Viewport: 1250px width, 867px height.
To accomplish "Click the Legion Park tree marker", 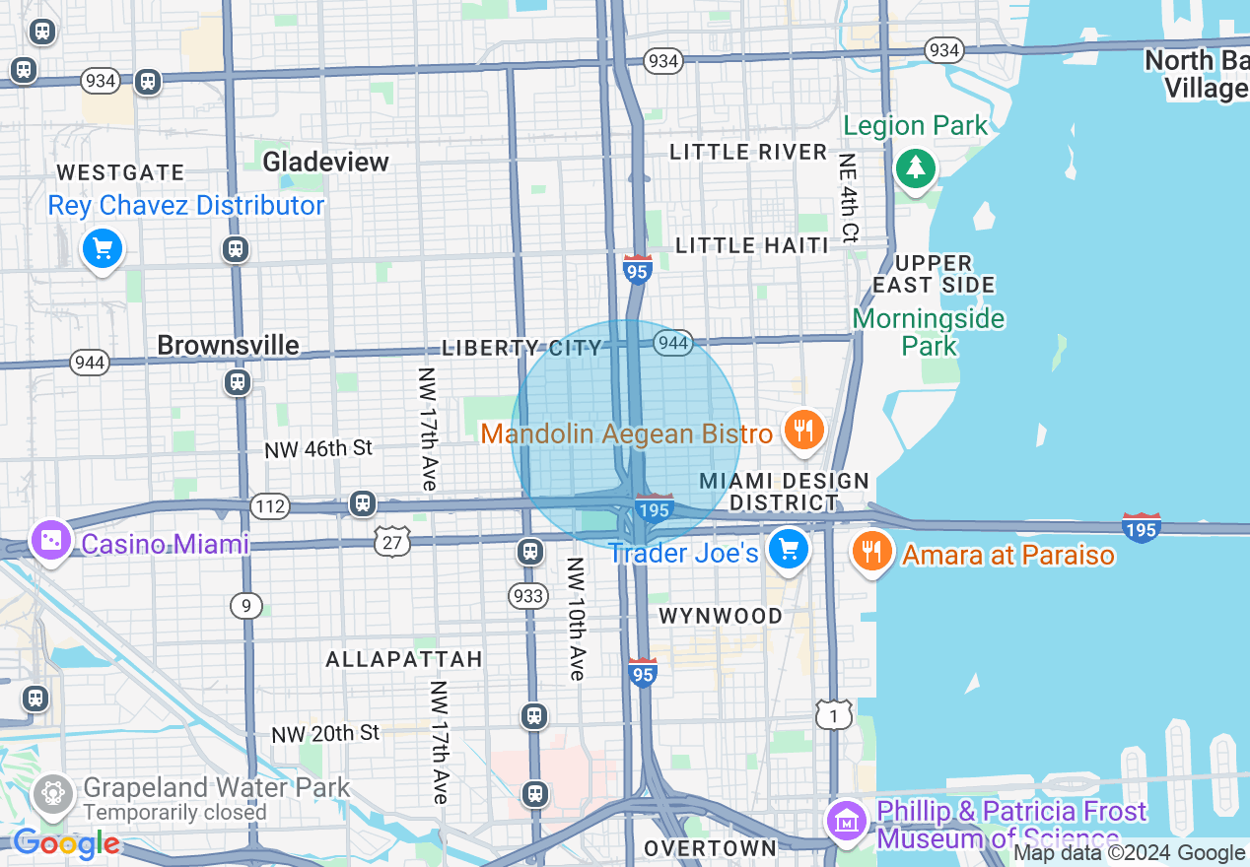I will tap(916, 168).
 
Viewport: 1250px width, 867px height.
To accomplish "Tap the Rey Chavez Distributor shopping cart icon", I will tap(103, 248).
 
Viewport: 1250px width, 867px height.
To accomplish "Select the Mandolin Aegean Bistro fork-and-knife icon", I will tap(804, 431).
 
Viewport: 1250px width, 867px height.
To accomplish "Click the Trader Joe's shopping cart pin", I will tap(789, 550).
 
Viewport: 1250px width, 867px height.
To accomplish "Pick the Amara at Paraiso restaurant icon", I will tap(871, 552).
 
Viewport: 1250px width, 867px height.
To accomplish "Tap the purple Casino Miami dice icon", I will tap(50, 540).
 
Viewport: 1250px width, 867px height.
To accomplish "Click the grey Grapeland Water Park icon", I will tap(53, 793).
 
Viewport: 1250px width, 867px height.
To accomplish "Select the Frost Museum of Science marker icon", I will tap(847, 820).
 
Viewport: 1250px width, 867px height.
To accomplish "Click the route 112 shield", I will tap(269, 507).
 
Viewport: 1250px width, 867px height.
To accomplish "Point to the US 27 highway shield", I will tap(391, 539).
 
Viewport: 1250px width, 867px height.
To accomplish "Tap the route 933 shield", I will tap(528, 595).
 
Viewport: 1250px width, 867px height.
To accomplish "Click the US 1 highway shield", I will tap(834, 715).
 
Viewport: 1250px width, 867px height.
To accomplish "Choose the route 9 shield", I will tap(246, 605).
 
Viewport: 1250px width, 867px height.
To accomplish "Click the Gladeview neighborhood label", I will tap(326, 162).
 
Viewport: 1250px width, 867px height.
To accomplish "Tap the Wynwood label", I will tap(721, 616).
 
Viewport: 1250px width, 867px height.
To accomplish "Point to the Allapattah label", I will tap(404, 659).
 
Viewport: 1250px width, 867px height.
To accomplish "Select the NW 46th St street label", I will tap(317, 449).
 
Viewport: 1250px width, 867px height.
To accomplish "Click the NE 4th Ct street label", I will tap(849, 198).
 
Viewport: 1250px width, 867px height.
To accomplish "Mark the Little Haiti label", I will tap(752, 245).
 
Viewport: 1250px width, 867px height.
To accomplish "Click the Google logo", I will tap(66, 843).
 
